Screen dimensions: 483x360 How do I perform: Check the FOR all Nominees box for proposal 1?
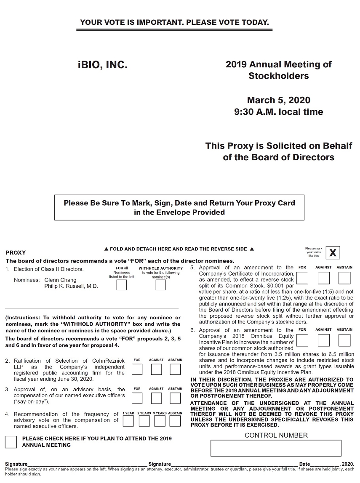pos(121,285)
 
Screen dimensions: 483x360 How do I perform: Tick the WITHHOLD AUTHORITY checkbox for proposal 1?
pos(160,285)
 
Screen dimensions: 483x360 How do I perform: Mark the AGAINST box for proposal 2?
pos(156,369)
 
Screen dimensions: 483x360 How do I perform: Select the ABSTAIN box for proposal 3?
pos(175,398)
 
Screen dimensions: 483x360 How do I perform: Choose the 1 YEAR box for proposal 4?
pos(128,421)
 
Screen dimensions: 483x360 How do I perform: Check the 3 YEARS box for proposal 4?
pos(160,421)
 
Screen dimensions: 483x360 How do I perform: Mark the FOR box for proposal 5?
pos(302,278)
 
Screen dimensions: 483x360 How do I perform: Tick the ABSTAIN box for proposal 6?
pos(344,340)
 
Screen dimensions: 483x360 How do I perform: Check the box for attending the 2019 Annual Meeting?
pos(11,442)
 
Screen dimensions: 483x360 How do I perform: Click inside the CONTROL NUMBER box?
pos(276,448)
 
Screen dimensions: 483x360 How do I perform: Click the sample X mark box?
pos(333,253)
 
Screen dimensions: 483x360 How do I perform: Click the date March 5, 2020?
pos(279,100)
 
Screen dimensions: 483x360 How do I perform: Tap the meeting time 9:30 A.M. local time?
pos(279,112)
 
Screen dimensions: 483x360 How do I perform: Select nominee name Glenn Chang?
pos(60,280)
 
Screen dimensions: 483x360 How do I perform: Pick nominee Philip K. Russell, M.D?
pos(71,286)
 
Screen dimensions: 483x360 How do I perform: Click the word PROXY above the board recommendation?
pos(16,253)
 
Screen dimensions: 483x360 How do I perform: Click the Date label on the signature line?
pos(304,464)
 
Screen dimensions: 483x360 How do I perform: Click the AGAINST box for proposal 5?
pos(323,278)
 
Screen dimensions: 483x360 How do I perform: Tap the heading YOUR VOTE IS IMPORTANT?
pos(174,23)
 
